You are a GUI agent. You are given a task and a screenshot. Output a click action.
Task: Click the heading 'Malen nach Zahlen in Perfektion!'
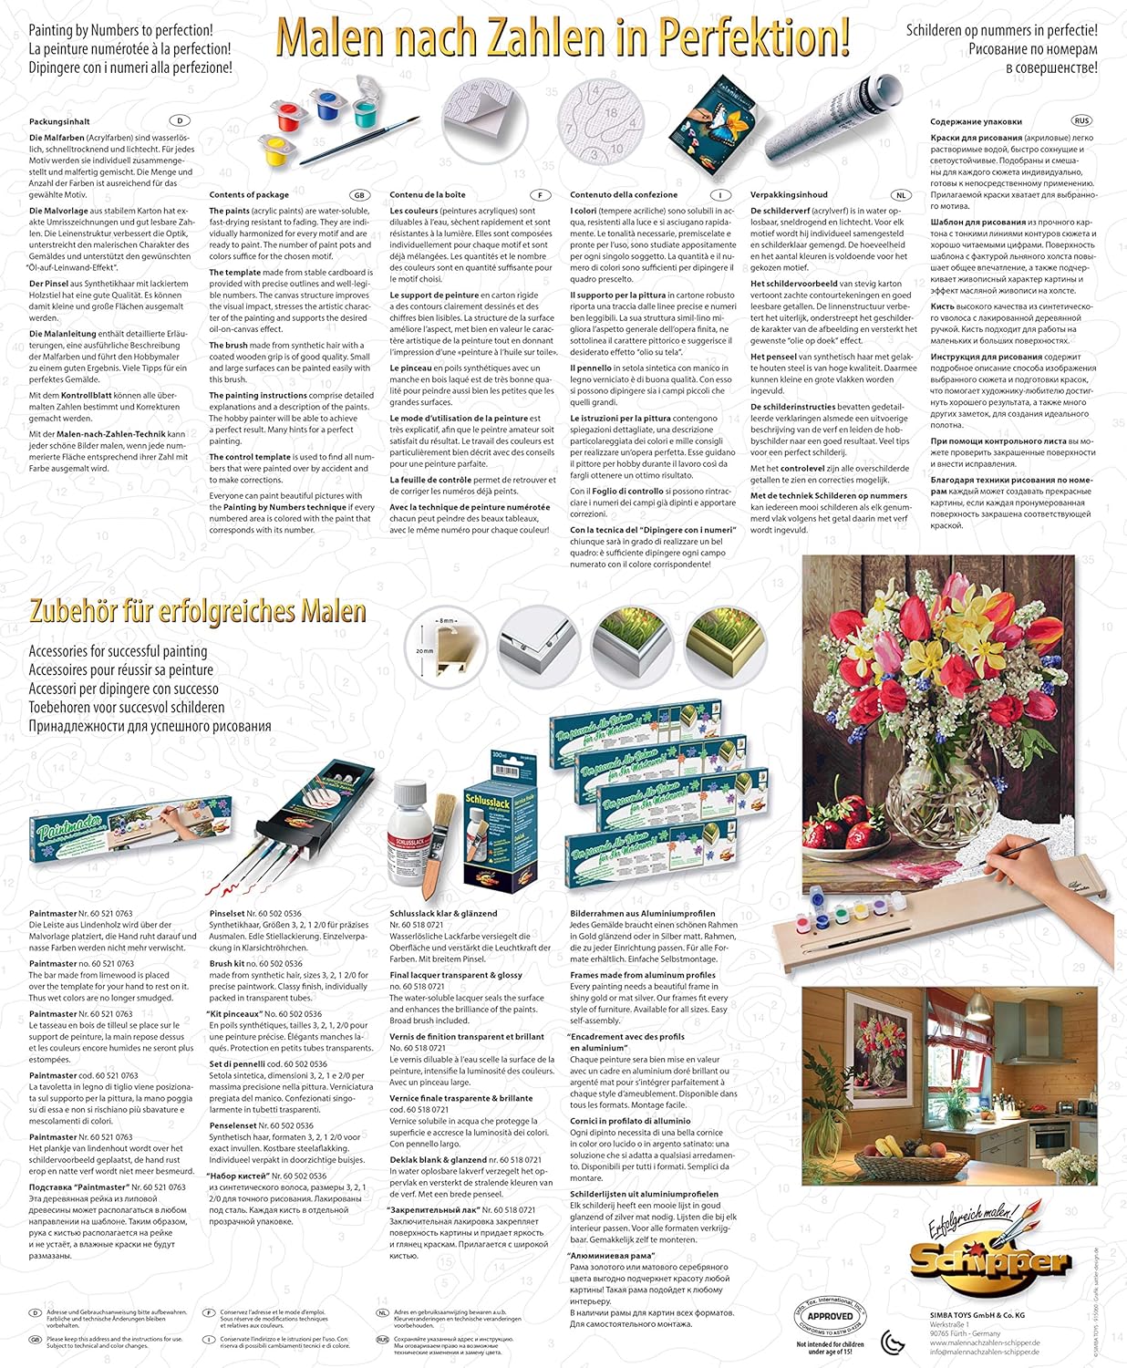[x=563, y=38]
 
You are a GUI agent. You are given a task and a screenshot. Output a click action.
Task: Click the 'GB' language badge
[x=359, y=195]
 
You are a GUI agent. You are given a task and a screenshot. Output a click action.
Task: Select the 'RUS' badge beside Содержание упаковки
[x=1081, y=120]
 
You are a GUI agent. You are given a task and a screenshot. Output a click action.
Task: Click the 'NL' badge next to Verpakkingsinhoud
[x=901, y=195]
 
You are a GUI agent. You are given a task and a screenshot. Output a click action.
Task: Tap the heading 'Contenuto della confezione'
[x=624, y=195]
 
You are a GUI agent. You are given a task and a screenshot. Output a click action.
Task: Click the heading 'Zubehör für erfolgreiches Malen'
[x=198, y=611]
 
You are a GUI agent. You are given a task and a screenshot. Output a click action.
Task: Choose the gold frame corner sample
[x=725, y=645]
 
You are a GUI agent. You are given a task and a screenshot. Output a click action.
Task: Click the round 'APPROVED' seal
[x=830, y=1315]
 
